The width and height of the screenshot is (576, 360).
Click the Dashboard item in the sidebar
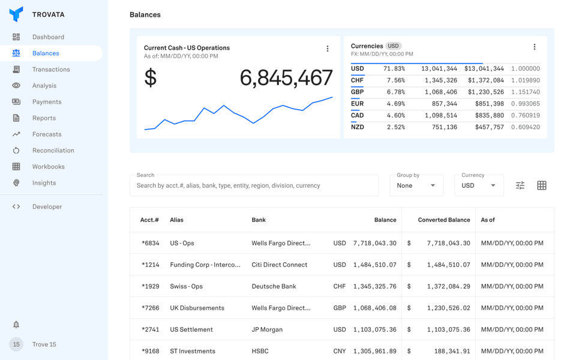click(x=48, y=37)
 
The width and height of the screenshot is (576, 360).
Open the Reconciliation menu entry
click(x=53, y=151)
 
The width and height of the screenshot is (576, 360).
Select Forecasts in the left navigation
click(x=46, y=134)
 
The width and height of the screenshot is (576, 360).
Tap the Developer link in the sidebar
click(x=47, y=207)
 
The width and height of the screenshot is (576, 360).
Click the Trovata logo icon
click(x=16, y=14)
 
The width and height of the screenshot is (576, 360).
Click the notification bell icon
click(x=16, y=325)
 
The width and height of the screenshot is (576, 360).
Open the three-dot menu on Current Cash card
click(x=328, y=49)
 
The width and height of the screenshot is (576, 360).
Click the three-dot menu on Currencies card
click(x=534, y=47)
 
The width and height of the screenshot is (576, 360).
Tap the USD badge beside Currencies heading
click(x=393, y=46)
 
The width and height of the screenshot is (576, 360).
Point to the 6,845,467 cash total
click(x=286, y=78)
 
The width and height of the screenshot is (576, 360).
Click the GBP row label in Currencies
click(x=357, y=92)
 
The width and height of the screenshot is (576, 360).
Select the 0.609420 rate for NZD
click(x=525, y=127)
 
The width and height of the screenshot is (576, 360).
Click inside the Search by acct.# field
click(x=254, y=185)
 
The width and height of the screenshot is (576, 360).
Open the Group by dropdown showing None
click(x=416, y=185)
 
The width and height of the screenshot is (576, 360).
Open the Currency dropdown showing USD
click(x=479, y=185)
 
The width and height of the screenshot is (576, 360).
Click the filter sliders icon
click(x=520, y=185)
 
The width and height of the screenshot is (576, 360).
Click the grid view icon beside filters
click(x=542, y=185)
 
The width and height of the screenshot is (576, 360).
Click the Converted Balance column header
click(x=443, y=220)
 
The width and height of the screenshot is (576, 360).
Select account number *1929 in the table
click(x=151, y=286)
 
